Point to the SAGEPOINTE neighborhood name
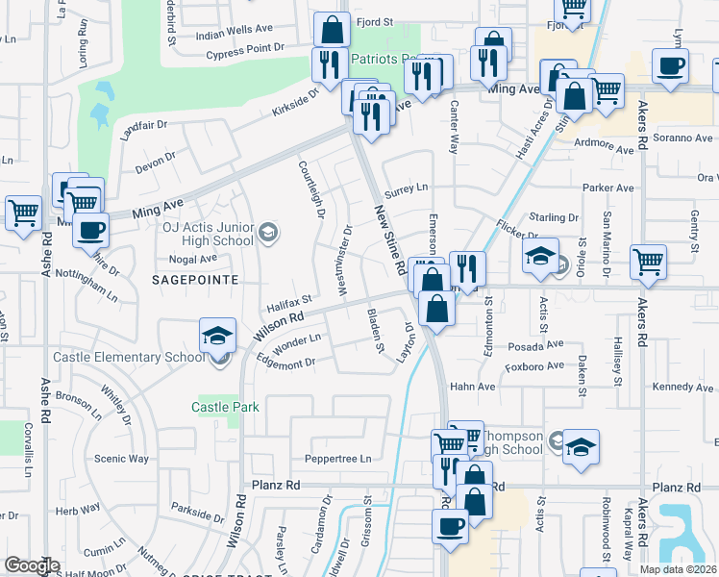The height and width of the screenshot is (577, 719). click(x=188, y=278)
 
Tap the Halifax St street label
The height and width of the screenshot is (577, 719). click(x=289, y=305)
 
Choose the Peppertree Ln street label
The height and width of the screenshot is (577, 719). click(x=337, y=459)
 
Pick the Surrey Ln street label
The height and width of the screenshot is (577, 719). click(x=406, y=188)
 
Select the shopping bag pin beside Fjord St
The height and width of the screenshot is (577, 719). click(x=332, y=29)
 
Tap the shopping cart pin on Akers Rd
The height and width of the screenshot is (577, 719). click(x=649, y=261)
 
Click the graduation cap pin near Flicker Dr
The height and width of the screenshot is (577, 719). click(x=541, y=255)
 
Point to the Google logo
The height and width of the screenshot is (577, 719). click(x=32, y=565)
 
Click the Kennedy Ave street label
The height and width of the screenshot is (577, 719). click(x=682, y=387)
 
